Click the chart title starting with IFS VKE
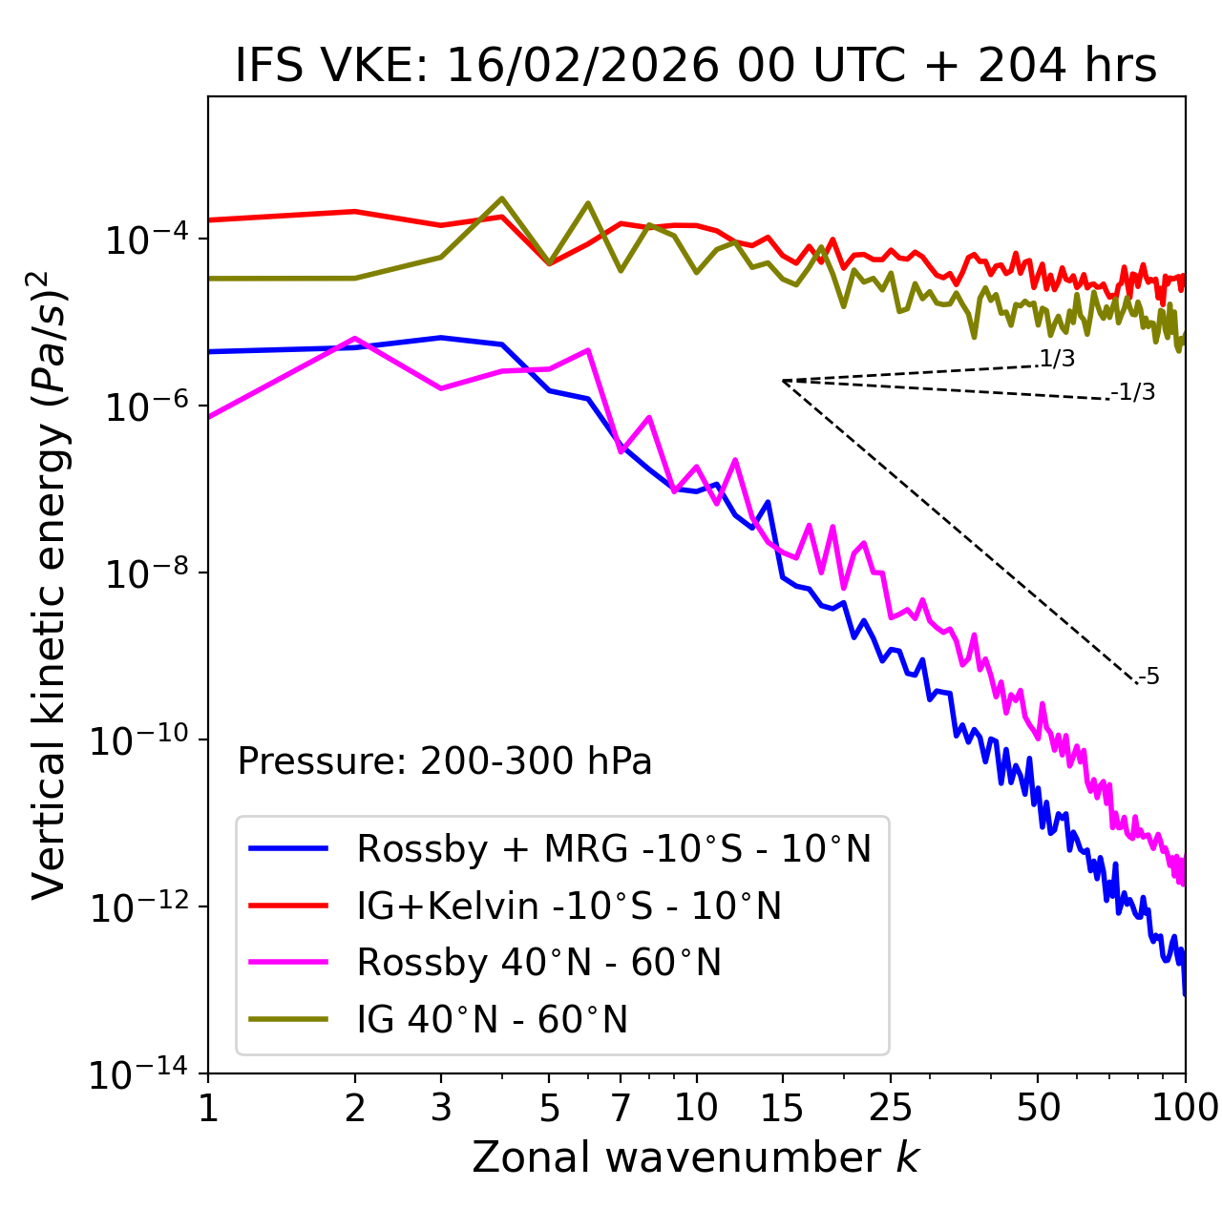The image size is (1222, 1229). click(x=696, y=67)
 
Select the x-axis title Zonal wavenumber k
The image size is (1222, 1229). click(x=696, y=1156)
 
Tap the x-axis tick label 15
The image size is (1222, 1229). click(x=782, y=1108)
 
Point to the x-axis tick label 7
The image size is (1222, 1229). click(x=621, y=1108)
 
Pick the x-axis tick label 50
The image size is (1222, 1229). click(x=1038, y=1108)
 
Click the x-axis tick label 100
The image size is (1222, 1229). click(x=1184, y=1108)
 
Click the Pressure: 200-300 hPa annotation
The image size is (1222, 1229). click(x=445, y=761)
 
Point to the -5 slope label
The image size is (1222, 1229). click(x=1148, y=677)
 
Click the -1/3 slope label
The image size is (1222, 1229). click(x=1133, y=392)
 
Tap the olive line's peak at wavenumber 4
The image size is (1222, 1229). click(x=502, y=198)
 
